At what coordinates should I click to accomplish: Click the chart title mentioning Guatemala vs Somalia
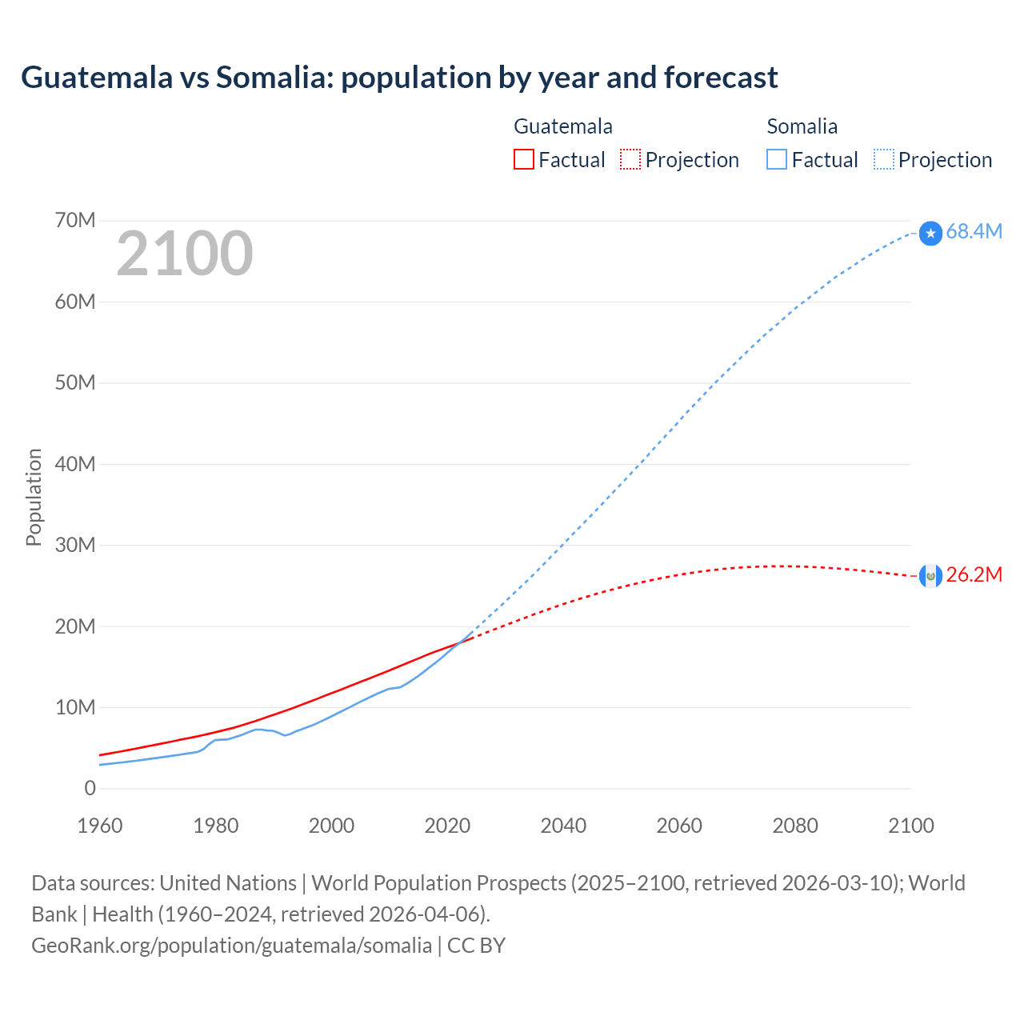pos(399,78)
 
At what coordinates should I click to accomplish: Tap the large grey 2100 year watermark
pos(185,254)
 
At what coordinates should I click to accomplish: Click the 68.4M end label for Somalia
pos(974,232)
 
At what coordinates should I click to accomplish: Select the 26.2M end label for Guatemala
pos(974,575)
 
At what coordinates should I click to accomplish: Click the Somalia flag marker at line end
pos(930,233)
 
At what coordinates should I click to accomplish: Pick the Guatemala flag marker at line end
pos(930,575)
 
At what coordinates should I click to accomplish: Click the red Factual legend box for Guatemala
pos(523,160)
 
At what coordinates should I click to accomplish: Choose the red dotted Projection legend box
pos(630,160)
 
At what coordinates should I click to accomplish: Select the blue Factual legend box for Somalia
pos(776,160)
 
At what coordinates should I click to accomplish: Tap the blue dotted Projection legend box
pos(884,160)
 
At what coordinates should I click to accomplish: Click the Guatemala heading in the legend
pos(562,126)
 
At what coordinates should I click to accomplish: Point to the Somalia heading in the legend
pos(802,126)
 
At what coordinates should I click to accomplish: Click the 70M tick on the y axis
pos(75,220)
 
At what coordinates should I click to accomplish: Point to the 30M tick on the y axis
pos(75,545)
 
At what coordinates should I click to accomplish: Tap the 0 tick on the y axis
pos(90,788)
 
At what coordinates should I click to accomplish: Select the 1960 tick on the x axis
pos(100,826)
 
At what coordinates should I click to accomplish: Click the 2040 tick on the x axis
pos(563,826)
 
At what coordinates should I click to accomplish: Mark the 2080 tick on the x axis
pos(795,826)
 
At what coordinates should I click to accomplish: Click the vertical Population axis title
pos(34,497)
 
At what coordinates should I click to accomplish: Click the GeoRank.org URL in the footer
pos(231,946)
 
